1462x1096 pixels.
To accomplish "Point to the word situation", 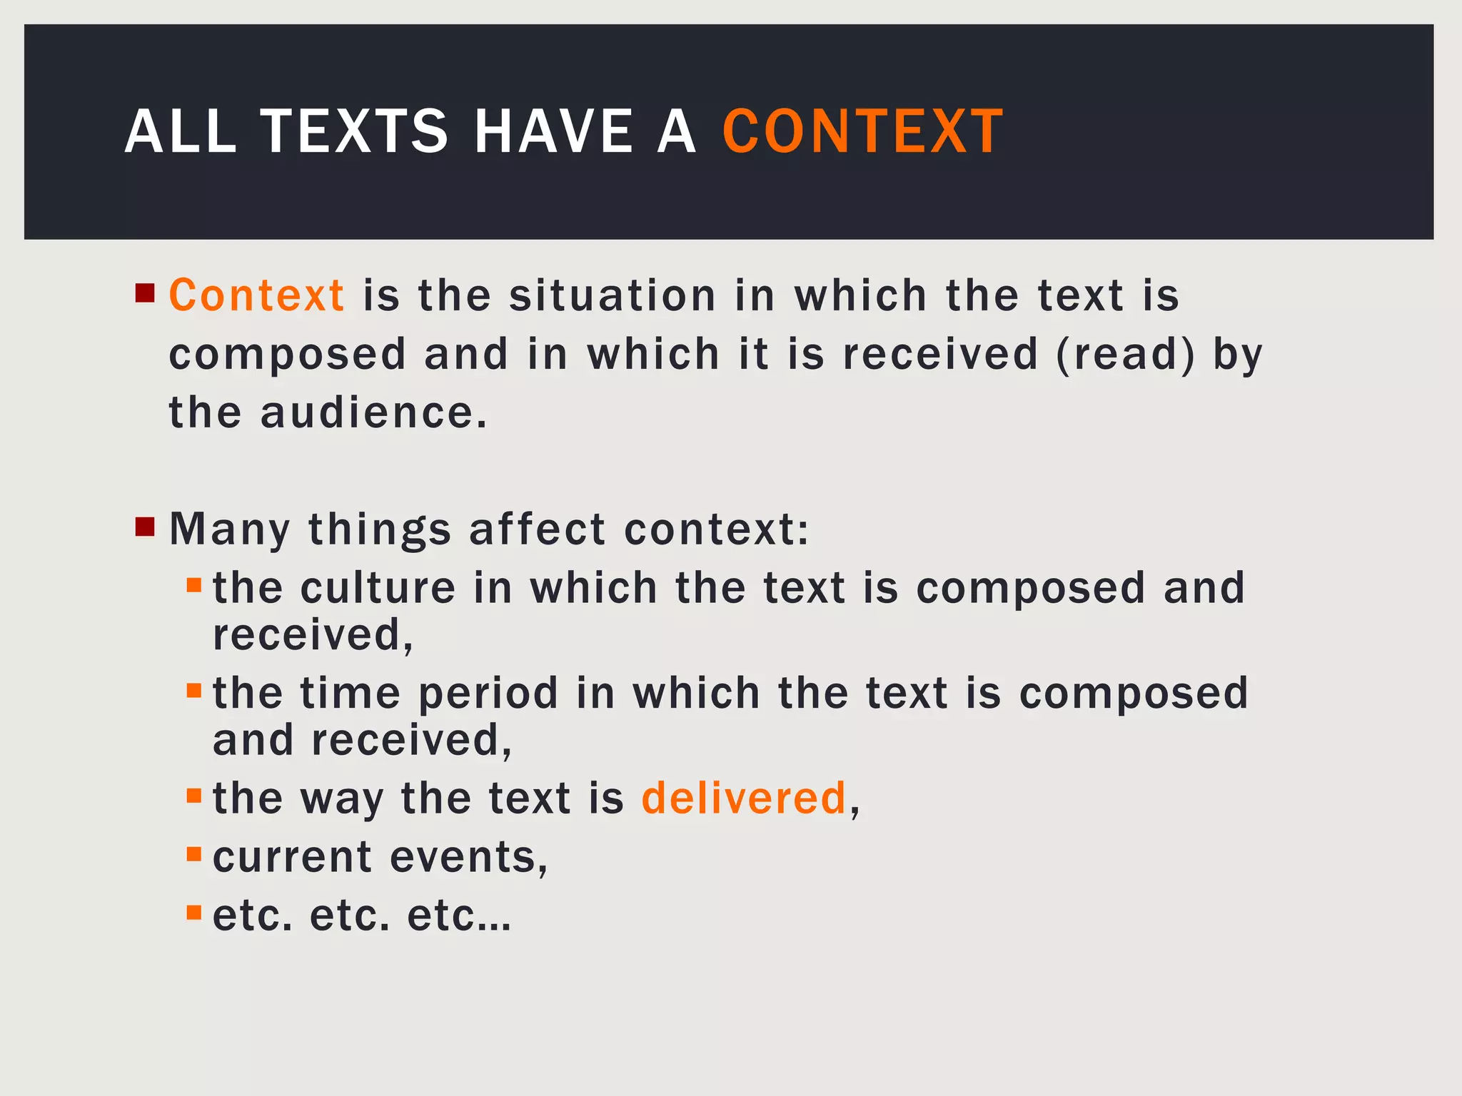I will click(612, 295).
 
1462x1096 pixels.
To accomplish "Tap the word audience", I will click(374, 413).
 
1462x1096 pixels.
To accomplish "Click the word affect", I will click(537, 530).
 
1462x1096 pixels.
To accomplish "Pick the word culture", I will click(378, 589).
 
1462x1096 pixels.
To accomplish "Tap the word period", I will click(488, 694).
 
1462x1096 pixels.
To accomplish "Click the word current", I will click(293, 857).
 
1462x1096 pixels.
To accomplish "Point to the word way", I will click(342, 799).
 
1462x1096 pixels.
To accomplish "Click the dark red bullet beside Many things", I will click(145, 528).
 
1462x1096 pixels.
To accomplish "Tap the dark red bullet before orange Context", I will click(145, 293).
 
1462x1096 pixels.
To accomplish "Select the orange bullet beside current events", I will click(194, 854).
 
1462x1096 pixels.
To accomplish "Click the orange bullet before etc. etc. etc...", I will click(194, 913).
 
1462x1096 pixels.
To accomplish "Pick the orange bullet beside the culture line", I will click(194, 586).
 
